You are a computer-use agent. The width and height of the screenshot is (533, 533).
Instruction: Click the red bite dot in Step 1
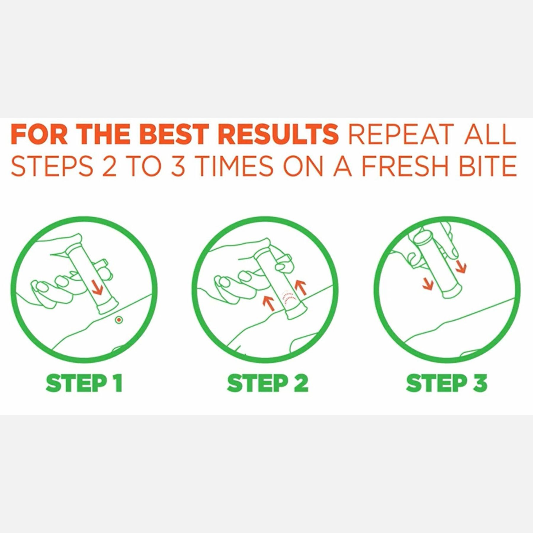pyautogui.click(x=119, y=320)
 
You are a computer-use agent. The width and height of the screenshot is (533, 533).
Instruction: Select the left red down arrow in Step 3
pyautogui.click(x=427, y=284)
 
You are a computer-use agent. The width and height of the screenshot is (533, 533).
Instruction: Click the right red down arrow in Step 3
pyautogui.click(x=460, y=266)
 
